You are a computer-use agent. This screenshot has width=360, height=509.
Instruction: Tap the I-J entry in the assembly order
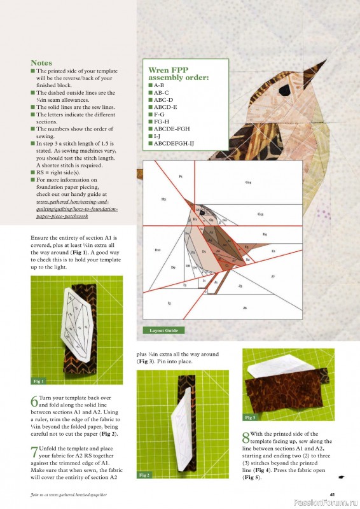[x=157, y=136]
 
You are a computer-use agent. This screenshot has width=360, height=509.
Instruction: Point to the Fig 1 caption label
[x=39, y=381]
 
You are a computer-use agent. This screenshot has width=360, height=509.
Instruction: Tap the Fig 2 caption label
[x=145, y=475]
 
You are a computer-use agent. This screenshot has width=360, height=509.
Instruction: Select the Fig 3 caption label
[x=251, y=417]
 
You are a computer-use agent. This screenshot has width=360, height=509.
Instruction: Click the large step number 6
[x=34, y=401]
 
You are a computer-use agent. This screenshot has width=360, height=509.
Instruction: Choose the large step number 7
[x=34, y=452]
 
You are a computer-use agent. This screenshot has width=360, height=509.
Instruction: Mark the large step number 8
[x=246, y=438]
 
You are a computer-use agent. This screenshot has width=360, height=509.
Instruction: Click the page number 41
[x=332, y=494]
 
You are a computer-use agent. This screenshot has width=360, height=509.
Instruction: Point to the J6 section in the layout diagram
[x=245, y=308]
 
